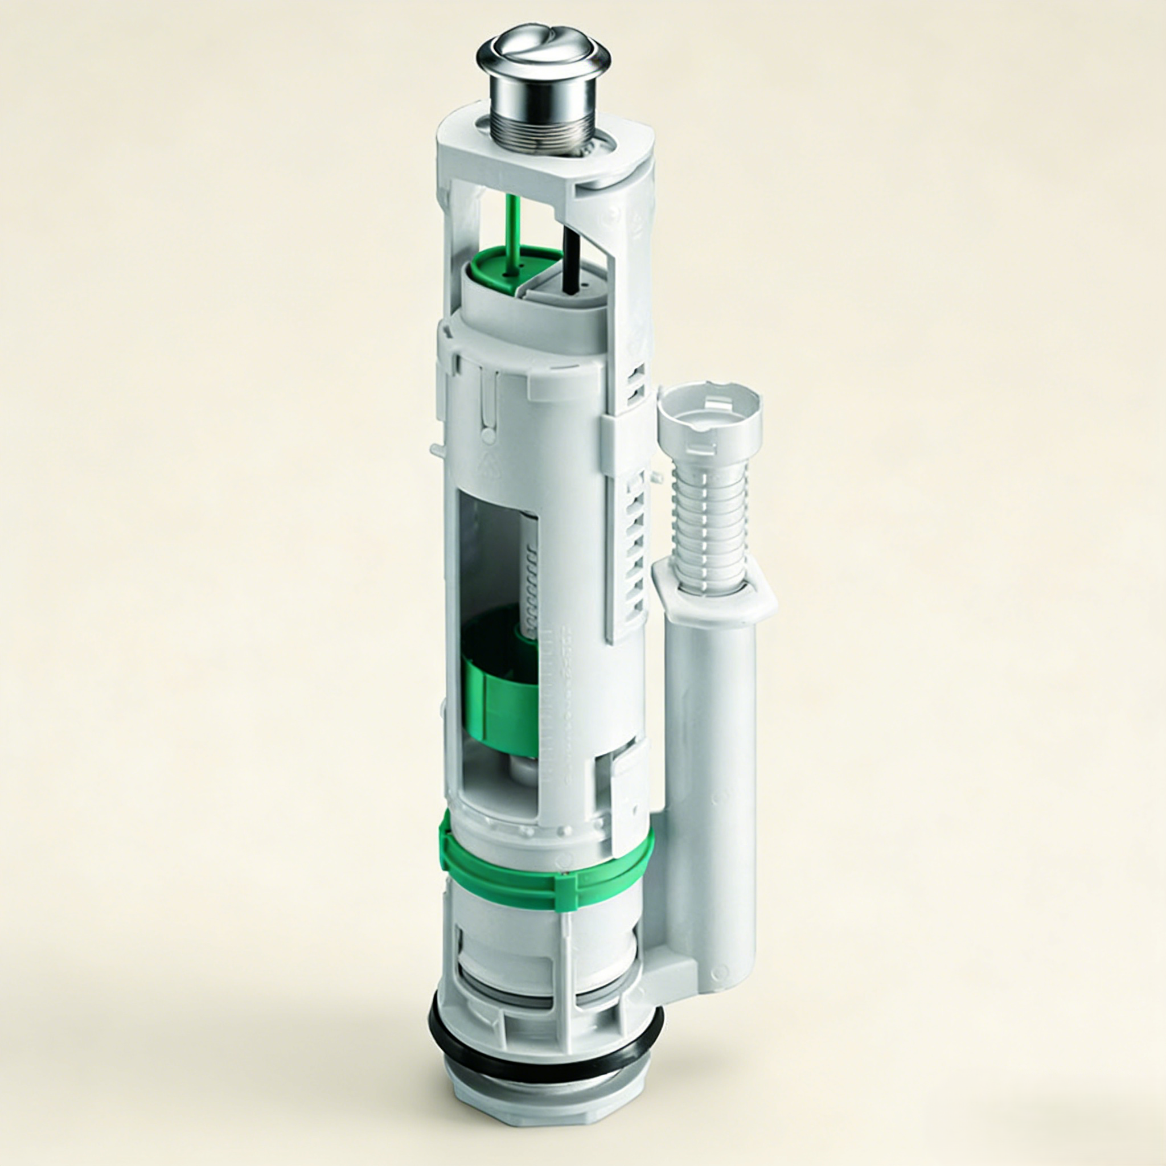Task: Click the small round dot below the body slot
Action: [488, 433]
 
